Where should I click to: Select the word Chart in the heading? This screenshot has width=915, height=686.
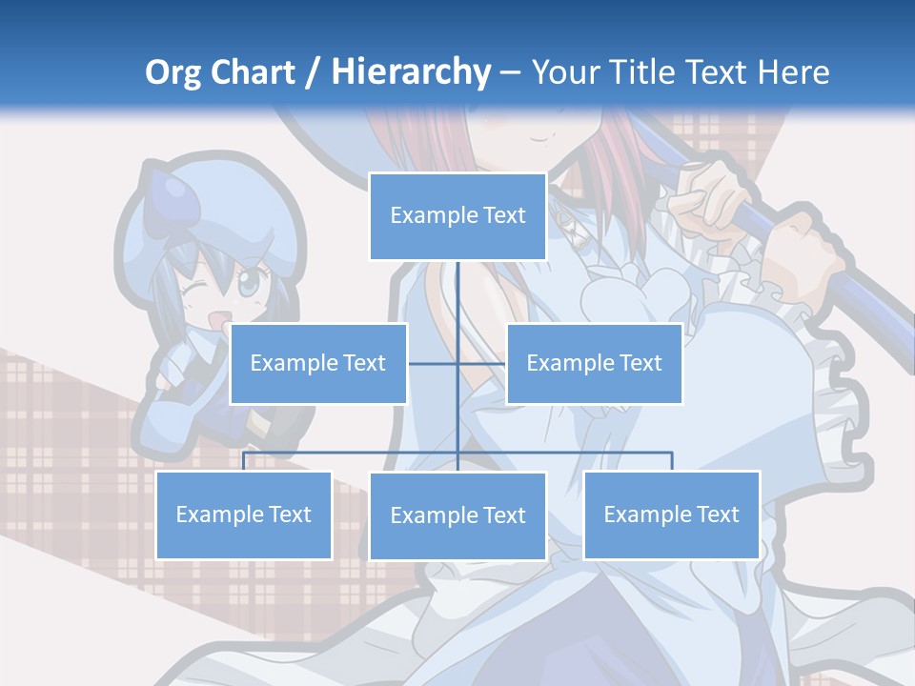pos(254,72)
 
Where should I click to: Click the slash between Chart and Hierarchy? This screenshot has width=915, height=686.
pos(312,73)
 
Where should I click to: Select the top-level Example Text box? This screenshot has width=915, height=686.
pos(457,216)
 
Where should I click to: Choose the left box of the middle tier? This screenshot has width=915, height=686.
pos(318,363)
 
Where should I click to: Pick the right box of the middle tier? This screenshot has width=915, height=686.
pos(594,363)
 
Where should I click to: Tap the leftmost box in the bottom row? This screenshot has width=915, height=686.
pos(244,514)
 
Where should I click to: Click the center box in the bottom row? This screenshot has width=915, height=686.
pos(457,515)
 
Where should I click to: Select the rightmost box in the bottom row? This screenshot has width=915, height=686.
pos(671,514)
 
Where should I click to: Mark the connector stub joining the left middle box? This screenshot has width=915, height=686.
pos(433,363)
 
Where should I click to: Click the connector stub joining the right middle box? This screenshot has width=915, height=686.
pos(482,363)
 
